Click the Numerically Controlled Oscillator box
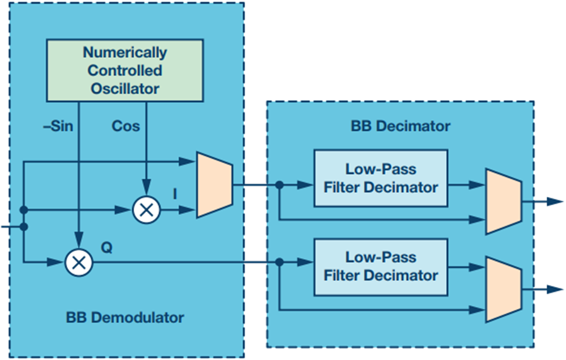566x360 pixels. (x=125, y=70)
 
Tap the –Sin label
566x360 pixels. (x=58, y=126)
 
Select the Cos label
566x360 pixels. (x=126, y=126)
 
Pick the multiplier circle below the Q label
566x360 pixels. (x=79, y=262)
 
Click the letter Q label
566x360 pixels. (x=107, y=248)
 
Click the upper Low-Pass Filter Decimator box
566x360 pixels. (x=380, y=178)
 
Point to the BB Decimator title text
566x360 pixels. (x=401, y=126)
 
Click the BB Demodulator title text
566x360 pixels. (x=125, y=317)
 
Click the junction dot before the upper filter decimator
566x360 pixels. (x=279, y=185)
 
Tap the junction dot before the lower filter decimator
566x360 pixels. (x=279, y=262)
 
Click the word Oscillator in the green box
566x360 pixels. (x=125, y=89)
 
